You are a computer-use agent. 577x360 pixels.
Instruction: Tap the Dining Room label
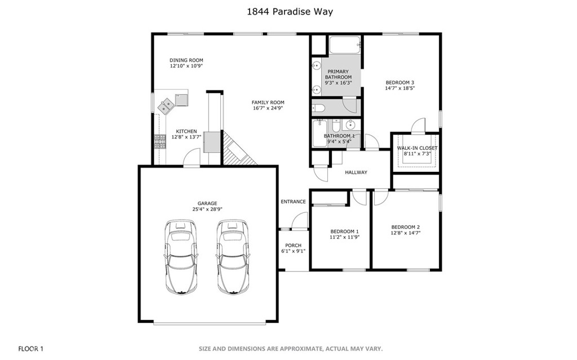tap(187, 60)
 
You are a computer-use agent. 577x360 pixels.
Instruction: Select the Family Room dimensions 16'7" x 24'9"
tap(268, 108)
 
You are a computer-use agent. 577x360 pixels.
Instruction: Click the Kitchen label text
tap(186, 131)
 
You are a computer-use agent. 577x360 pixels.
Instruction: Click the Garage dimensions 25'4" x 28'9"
tap(207, 210)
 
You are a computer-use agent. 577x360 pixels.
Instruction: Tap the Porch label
tap(293, 245)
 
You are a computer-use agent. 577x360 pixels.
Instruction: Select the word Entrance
tap(293, 202)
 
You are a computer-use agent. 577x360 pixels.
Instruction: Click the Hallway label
tap(356, 172)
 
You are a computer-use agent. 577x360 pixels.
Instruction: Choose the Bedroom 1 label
tap(344, 232)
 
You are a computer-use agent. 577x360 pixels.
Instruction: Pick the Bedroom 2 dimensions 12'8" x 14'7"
tap(406, 233)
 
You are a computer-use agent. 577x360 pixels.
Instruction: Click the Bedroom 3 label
tap(400, 82)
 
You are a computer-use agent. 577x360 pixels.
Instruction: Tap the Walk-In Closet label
tap(417, 148)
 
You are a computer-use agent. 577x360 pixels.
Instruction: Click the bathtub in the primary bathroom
tap(345, 45)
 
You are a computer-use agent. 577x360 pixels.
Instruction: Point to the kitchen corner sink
tap(167, 105)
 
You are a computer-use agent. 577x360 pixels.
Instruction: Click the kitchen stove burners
tap(159, 141)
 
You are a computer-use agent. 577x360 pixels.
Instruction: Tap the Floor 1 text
tap(31, 349)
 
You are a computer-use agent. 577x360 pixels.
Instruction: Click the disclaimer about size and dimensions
tap(290, 349)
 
